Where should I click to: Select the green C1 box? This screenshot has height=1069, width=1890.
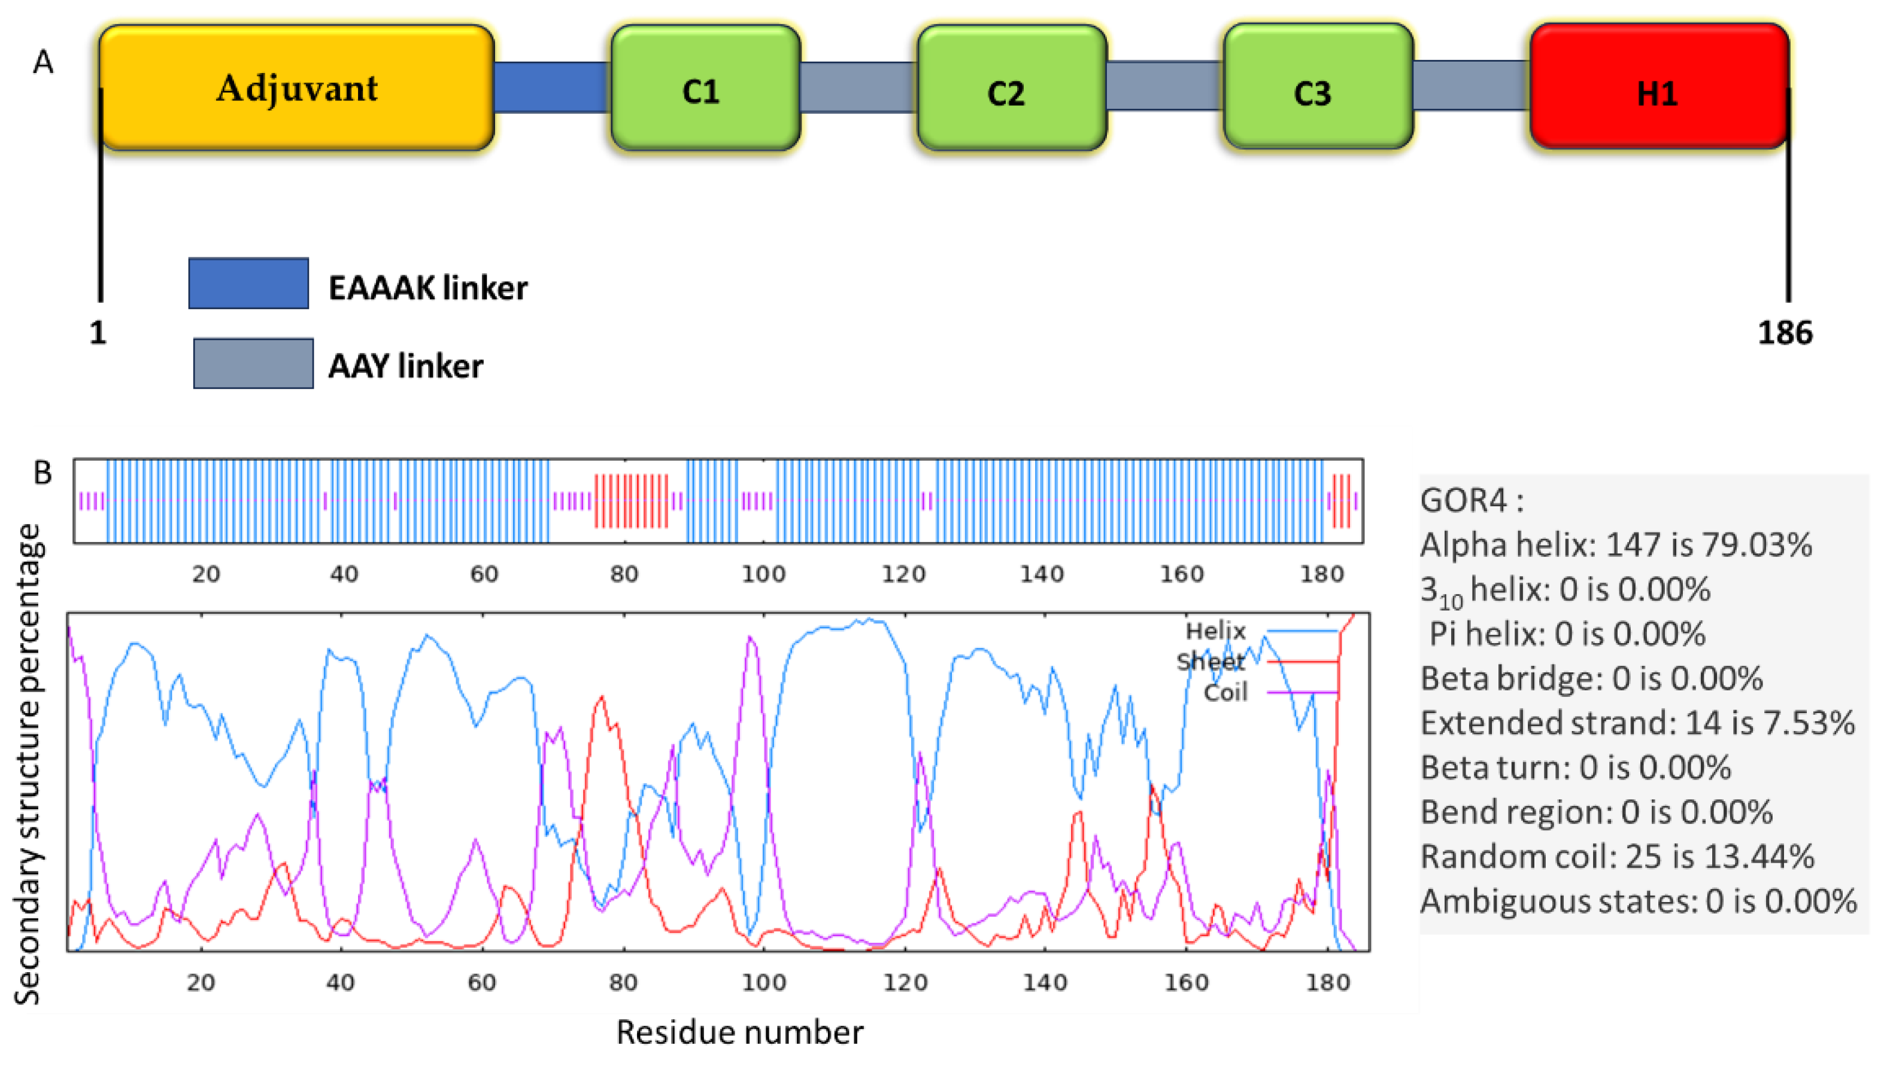(x=705, y=88)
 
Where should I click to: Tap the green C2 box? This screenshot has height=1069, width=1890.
(x=1012, y=88)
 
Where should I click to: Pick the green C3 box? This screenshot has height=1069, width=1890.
(x=1318, y=88)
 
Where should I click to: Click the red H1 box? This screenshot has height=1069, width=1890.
(x=1659, y=88)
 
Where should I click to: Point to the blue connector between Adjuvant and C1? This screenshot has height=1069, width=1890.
(x=551, y=87)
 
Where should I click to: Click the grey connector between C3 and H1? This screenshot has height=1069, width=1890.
(x=1470, y=86)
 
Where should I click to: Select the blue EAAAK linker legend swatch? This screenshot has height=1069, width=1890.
(x=248, y=284)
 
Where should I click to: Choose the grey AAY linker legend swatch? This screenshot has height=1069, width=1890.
(x=253, y=364)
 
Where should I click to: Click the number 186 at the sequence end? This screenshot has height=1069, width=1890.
(x=1784, y=333)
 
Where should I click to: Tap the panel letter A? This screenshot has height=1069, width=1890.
(x=43, y=62)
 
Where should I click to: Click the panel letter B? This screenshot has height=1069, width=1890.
(x=43, y=473)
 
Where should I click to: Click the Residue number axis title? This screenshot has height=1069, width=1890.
(x=739, y=1033)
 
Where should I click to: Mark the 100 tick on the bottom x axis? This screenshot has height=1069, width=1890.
(x=763, y=982)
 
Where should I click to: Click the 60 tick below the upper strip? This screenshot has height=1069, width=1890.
(x=484, y=574)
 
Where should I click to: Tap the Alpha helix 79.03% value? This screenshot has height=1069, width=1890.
(x=1765, y=545)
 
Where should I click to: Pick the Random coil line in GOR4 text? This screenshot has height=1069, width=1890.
(x=1616, y=857)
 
